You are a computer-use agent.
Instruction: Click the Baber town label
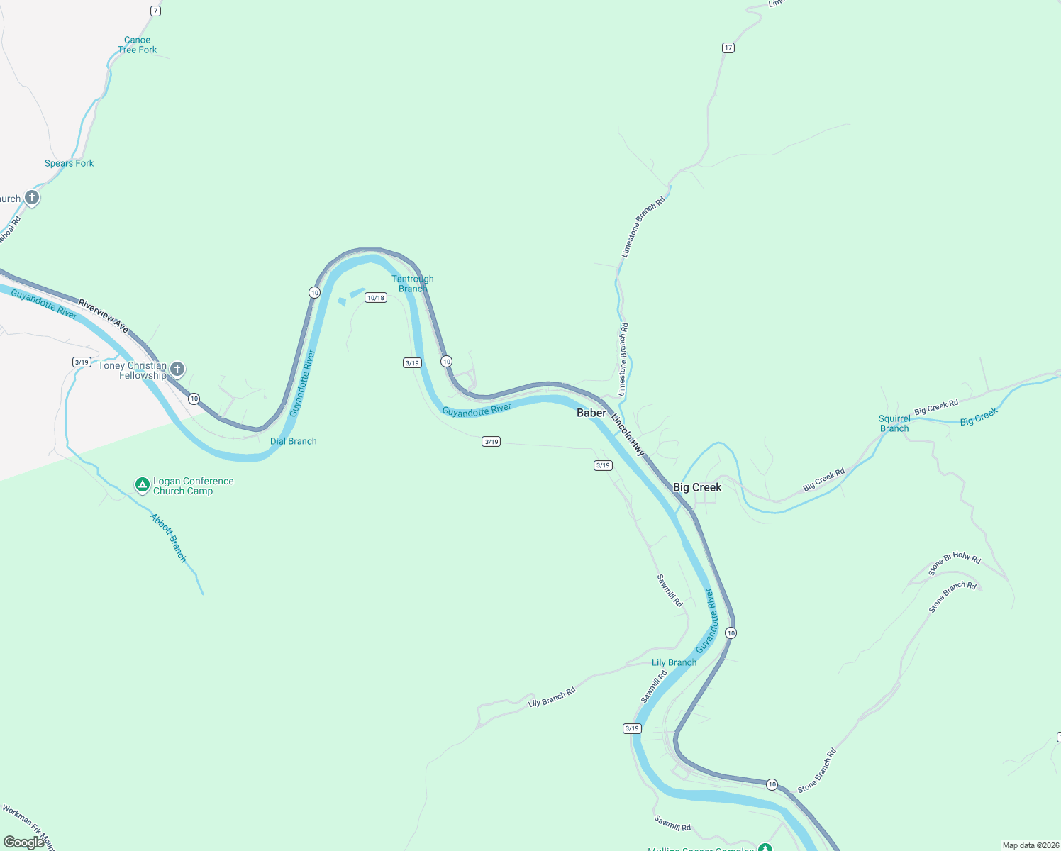point(591,413)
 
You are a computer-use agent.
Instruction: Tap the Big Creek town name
point(696,487)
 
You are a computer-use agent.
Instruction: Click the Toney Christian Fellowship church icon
point(177,369)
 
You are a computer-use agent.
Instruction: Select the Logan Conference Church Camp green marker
point(143,485)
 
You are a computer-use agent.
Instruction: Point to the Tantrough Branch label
point(412,284)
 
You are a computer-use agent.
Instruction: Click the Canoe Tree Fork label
point(138,45)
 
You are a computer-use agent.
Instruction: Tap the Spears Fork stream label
point(69,163)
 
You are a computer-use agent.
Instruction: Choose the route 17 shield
point(728,48)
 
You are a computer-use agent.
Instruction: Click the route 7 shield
point(155,11)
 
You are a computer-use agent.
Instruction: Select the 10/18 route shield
point(375,298)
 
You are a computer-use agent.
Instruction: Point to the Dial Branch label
point(294,441)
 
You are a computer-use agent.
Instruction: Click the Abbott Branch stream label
point(169,538)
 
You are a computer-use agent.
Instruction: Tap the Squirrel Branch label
point(894,423)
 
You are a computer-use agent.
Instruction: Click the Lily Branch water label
point(674,662)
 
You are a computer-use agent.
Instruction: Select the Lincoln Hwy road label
point(628,434)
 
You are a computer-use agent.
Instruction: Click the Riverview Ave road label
point(104,316)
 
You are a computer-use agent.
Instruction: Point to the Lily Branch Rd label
point(552,697)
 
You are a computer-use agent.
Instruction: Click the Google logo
point(24,842)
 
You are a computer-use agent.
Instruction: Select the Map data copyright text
point(1030,845)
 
